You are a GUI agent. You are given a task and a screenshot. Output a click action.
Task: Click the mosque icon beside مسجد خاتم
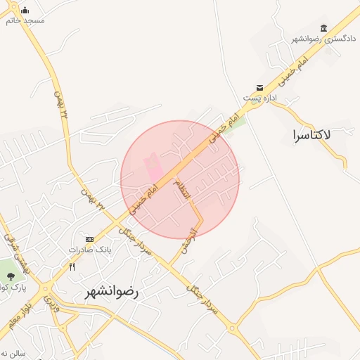click(25, 10)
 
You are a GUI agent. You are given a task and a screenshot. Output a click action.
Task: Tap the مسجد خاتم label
click(25, 20)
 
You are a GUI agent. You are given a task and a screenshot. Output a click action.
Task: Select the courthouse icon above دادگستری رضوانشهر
click(323, 27)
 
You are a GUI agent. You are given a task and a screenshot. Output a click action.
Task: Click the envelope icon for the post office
click(260, 87)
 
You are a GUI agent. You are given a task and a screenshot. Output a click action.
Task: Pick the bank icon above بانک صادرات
click(89, 239)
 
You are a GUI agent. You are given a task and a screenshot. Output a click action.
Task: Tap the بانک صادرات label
click(90, 250)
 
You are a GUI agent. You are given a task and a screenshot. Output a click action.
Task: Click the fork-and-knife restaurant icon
click(72, 266)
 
